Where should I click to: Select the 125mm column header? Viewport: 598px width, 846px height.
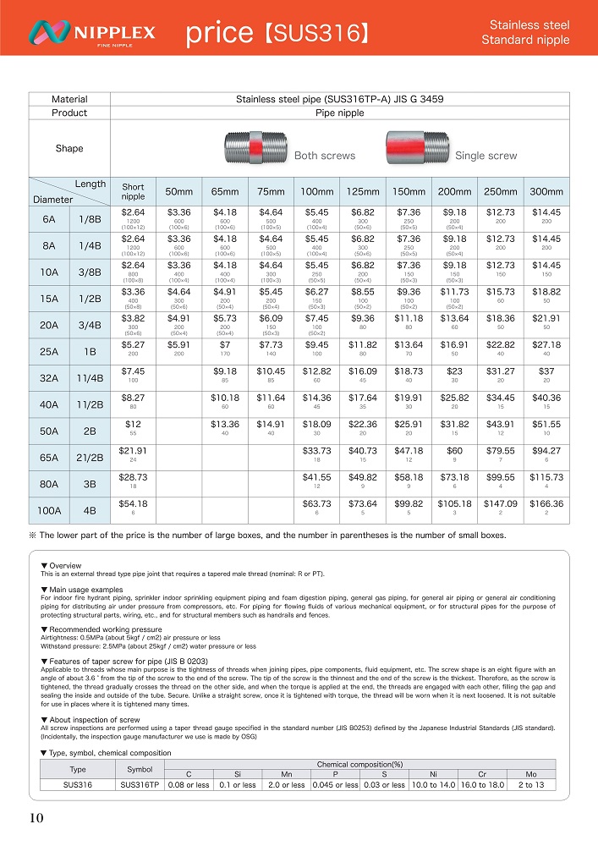[363, 192]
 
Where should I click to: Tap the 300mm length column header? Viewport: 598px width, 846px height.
[546, 192]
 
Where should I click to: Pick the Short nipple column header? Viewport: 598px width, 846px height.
[133, 192]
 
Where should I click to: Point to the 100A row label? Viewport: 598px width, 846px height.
[49, 510]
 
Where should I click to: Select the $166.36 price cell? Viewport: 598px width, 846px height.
[546, 504]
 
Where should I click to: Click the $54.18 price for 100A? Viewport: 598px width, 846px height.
[133, 504]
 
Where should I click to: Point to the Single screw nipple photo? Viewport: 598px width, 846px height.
[417, 144]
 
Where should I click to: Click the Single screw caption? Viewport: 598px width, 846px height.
[486, 156]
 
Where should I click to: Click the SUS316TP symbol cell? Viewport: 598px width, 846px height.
[140, 784]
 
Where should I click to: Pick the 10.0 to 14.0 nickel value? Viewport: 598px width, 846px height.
[433, 784]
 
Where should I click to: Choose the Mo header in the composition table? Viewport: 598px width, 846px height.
[531, 774]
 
